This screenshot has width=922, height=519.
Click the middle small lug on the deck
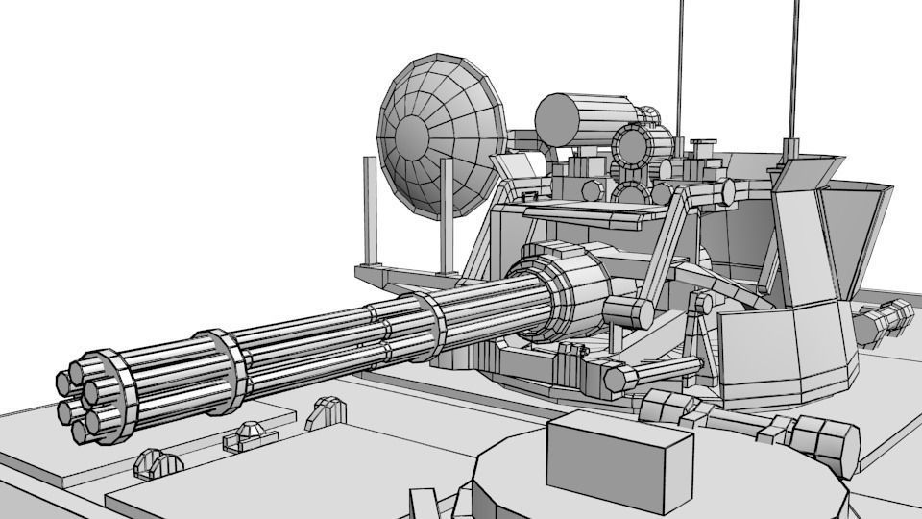[x=245, y=435]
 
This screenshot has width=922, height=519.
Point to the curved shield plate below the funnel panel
[x=788, y=351]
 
